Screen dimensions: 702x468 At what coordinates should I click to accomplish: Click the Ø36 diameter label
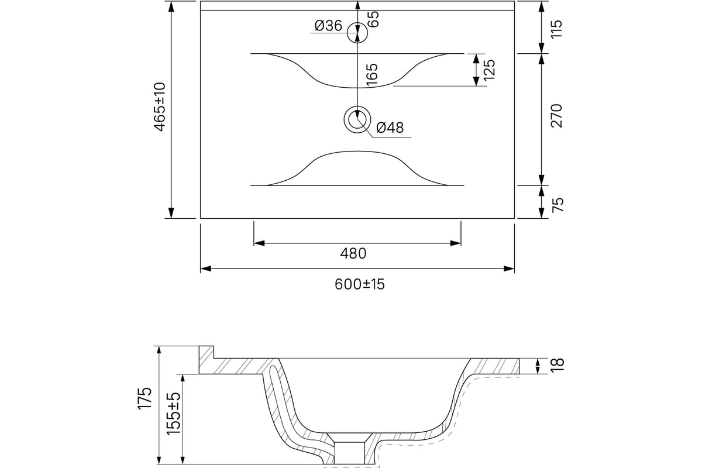point(328,26)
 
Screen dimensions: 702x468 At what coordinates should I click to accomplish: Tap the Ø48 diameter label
point(390,128)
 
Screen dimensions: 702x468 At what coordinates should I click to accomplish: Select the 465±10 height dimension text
point(160,107)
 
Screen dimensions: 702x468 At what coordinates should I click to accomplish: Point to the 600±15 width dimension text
point(359,284)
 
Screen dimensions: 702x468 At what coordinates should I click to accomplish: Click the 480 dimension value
point(353,253)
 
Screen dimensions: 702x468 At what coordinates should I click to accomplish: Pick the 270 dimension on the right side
point(556,116)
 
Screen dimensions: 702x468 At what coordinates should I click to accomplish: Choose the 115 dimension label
point(556,29)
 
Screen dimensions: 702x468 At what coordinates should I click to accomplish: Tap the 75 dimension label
point(558,205)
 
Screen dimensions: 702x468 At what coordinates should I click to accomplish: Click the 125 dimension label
point(489,69)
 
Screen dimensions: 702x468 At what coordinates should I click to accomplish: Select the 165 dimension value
point(372,75)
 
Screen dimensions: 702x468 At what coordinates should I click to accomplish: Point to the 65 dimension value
point(373,19)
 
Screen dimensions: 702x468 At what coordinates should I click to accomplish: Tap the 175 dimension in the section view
point(144,398)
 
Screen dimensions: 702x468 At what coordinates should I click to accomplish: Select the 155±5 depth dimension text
point(174,414)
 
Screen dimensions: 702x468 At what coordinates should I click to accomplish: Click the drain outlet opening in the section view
point(349,453)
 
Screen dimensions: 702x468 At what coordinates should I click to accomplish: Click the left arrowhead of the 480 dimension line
point(259,243)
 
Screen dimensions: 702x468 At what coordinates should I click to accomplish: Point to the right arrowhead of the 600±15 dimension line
point(509,269)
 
